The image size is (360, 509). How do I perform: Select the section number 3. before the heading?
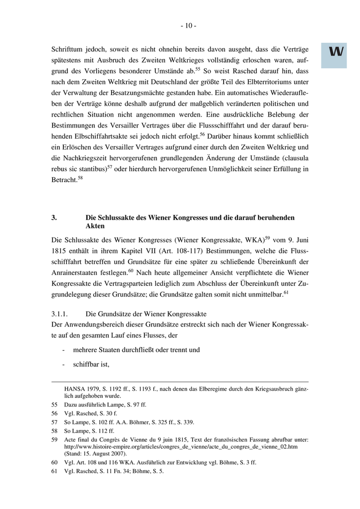pos(54,217)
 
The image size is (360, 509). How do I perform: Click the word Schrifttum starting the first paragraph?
pos(69,50)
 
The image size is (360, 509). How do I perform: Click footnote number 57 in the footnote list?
pos(54,422)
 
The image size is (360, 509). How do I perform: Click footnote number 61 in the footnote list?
pos(54,470)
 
